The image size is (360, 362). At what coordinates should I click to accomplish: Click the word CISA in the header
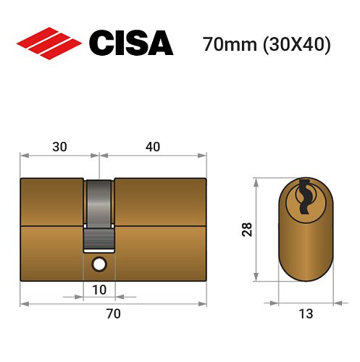pyautogui.click(x=130, y=44)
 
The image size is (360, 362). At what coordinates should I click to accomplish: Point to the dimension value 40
pyautogui.click(x=152, y=146)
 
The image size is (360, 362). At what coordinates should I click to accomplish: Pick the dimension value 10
pyautogui.click(x=99, y=290)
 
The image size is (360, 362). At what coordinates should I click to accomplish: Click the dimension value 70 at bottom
pyautogui.click(x=113, y=313)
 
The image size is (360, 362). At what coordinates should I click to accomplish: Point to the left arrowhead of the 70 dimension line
pyautogui.click(x=22, y=303)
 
